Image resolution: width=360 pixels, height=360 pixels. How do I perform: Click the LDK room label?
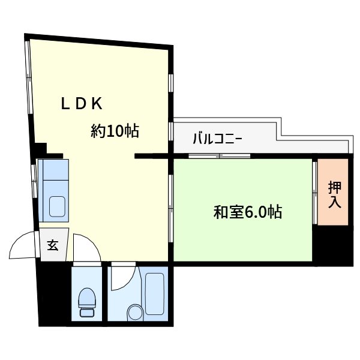tap(82, 104)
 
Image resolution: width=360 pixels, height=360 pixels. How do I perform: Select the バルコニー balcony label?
tap(217, 139)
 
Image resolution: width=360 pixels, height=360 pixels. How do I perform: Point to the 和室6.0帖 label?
tap(248, 212)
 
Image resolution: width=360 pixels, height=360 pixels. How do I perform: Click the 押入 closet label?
tap(334, 194)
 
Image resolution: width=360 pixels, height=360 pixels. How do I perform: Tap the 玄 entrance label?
tap(53, 245)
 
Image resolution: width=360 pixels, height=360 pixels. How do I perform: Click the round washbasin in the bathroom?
tap(135, 312)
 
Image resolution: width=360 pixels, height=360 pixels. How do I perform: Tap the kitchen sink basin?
tap(58, 206)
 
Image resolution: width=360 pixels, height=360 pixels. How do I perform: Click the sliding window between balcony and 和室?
tap(219, 156)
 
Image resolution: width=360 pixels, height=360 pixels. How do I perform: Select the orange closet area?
tap(333, 192)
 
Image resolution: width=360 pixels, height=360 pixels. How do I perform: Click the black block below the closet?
tap(332, 246)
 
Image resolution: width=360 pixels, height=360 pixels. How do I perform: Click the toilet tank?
tap(88, 313)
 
